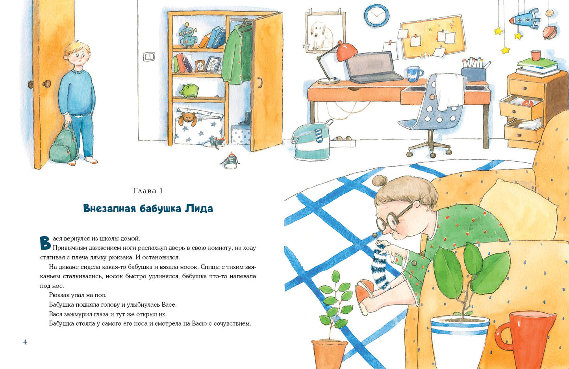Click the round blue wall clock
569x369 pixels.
click(376, 15)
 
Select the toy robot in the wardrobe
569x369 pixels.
click(188, 36)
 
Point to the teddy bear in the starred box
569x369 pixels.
click(187, 119)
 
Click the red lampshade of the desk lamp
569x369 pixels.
click(346, 52)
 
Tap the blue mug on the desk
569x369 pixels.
click(414, 74)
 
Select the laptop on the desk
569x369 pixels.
click(373, 67)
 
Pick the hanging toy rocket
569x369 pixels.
click(525, 19)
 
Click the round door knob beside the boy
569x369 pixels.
click(46, 84)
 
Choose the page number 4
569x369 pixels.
click(25, 342)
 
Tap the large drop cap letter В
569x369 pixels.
click(45, 243)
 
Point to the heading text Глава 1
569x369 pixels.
click(148, 191)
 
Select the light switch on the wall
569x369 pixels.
click(149, 56)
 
